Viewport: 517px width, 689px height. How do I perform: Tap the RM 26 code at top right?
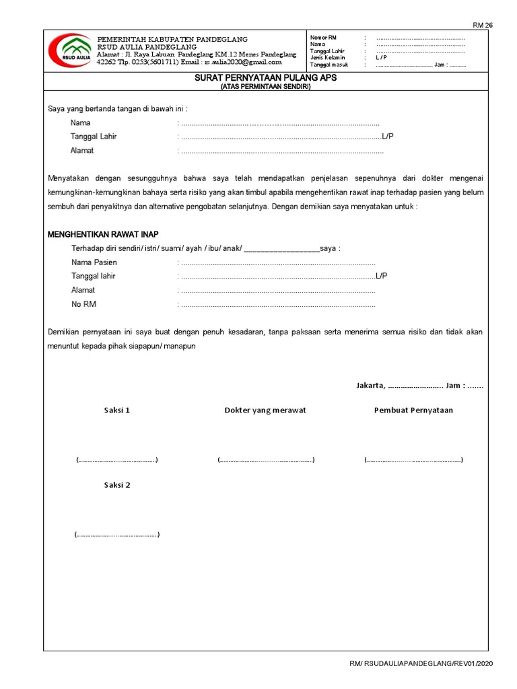tap(483, 25)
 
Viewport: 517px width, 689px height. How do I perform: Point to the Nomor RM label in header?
tap(323, 37)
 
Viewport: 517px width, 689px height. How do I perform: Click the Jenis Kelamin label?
tap(327, 58)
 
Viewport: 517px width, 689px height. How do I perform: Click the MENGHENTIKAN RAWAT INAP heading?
tap(103, 234)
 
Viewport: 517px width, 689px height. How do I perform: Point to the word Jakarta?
tap(370, 386)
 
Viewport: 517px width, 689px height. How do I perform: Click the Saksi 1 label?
tap(116, 410)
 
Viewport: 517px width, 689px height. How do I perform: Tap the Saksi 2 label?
tap(116, 484)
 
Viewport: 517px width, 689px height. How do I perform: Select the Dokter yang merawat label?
tap(265, 410)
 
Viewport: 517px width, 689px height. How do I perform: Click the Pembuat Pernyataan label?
tap(413, 410)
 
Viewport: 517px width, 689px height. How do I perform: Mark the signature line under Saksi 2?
tap(116, 535)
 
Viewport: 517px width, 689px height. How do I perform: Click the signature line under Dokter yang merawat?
tap(266, 460)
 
